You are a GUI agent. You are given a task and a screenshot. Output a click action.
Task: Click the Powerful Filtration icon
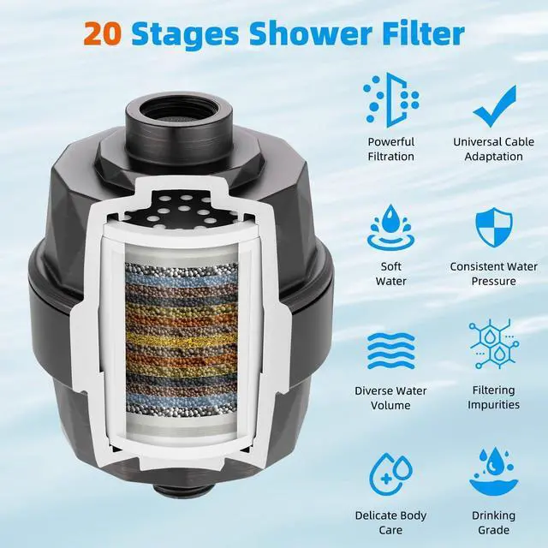pyautogui.click(x=390, y=100)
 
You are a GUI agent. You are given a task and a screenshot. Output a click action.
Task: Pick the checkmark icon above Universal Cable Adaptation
pyautogui.click(x=494, y=104)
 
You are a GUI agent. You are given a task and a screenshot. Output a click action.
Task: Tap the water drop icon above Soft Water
pyautogui.click(x=390, y=227)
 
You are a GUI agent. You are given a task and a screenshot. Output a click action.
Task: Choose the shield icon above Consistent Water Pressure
pyautogui.click(x=494, y=227)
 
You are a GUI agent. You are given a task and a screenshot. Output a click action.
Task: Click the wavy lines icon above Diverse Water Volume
pyautogui.click(x=390, y=351)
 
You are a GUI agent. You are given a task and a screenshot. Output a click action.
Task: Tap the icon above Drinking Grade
pyautogui.click(x=494, y=474)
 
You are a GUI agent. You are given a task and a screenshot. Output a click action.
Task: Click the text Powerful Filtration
pyautogui.click(x=390, y=149)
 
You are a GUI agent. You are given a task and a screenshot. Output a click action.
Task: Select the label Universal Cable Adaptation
pyautogui.click(x=494, y=149)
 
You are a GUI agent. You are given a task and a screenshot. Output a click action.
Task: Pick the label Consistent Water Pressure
pyautogui.click(x=494, y=274)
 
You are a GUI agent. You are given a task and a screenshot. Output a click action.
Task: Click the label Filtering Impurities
pyautogui.click(x=494, y=398)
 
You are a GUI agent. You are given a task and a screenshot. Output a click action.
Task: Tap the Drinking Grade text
pyautogui.click(x=494, y=522)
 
